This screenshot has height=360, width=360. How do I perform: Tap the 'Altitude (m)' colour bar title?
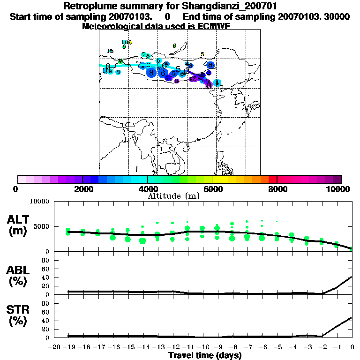(173, 196)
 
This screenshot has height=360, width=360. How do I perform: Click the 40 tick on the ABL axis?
(46, 277)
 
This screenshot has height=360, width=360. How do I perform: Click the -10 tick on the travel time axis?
(202, 347)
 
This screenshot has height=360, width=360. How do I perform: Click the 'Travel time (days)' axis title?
(205, 355)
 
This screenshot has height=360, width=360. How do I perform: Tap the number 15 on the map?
(110, 51)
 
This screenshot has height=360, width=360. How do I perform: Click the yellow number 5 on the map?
(202, 54)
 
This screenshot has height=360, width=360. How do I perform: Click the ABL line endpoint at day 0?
(352, 277)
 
